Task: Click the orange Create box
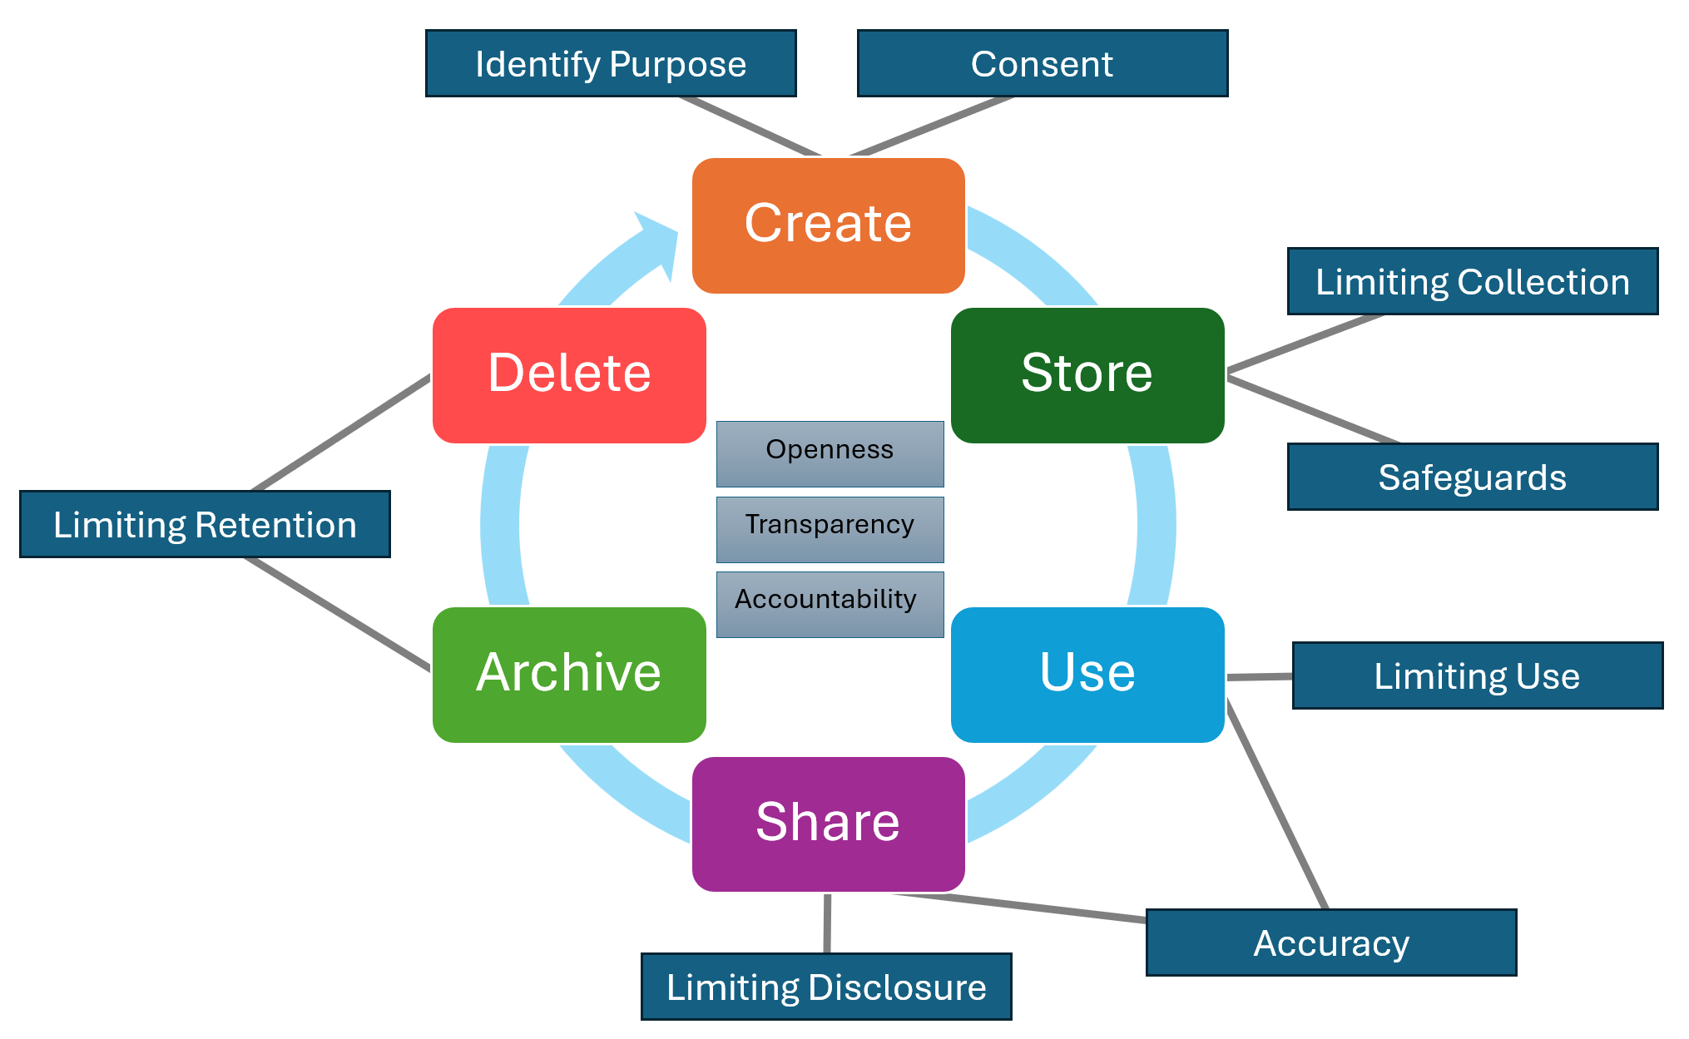coord(828,225)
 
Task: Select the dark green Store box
coord(1087,375)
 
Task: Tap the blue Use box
coord(1087,675)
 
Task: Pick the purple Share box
coord(828,824)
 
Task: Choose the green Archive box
coord(569,675)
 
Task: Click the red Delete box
coord(569,375)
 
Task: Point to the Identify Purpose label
coord(611,64)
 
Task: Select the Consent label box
coord(1042,64)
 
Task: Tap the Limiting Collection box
coord(1472,282)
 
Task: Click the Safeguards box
coord(1472,477)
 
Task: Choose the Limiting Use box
coord(1477,675)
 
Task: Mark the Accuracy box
coord(1330,943)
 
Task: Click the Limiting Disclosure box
coord(826,987)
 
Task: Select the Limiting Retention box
coord(205,524)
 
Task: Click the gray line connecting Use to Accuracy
coord(1276,805)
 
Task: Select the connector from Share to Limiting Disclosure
coord(827,923)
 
